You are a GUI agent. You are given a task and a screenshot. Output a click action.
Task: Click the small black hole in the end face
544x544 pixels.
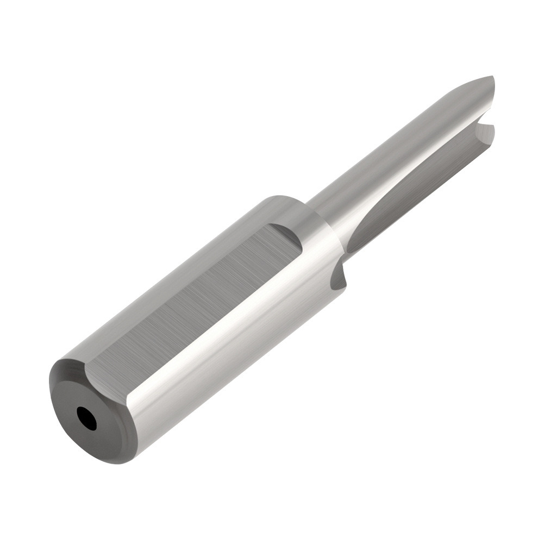point(87,419)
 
